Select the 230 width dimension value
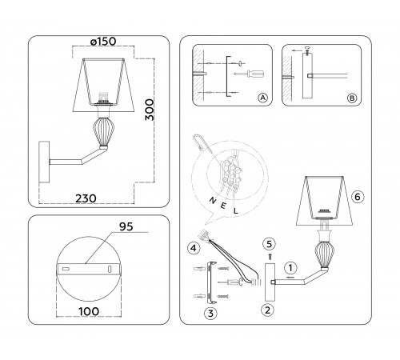tap(95, 194)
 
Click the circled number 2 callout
tap(268, 308)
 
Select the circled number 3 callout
tap(210, 314)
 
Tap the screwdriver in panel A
tap(248, 73)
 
